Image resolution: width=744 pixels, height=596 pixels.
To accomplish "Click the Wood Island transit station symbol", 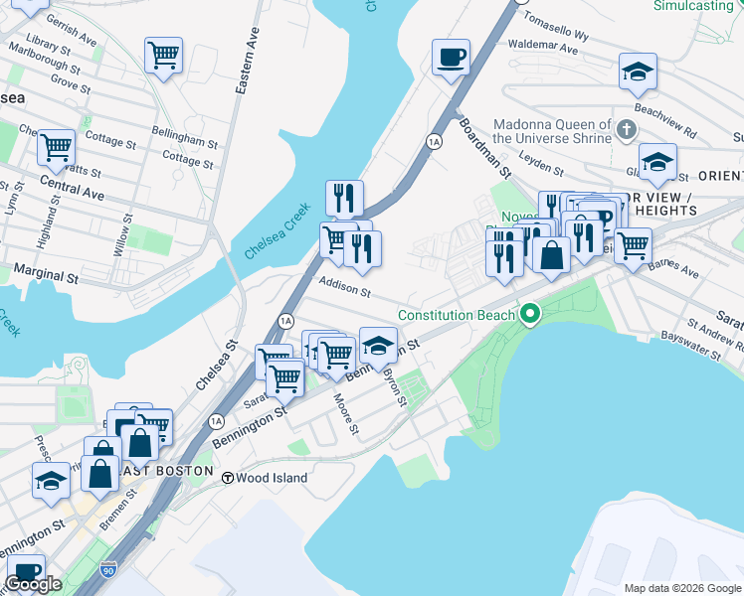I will click(228, 478).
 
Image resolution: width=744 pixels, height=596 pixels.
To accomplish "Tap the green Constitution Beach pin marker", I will click(531, 315).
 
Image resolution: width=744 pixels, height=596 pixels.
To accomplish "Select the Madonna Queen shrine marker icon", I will click(626, 130).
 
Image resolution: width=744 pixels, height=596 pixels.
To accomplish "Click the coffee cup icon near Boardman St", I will click(451, 57).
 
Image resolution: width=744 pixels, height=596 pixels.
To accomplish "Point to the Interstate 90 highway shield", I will click(108, 569).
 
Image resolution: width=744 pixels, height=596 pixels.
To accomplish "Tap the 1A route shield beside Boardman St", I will click(434, 142).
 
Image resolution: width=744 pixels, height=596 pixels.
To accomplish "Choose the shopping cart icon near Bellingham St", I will click(163, 56).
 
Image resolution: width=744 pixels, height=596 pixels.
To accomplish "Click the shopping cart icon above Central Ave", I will click(56, 148).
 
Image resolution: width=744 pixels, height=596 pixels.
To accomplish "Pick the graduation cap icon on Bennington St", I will click(378, 346).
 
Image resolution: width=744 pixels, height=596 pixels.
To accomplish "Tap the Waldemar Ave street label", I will click(542, 46).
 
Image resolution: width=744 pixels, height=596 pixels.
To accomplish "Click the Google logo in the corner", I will click(33, 584).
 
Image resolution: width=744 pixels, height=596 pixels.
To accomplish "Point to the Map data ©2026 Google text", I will click(681, 588).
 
